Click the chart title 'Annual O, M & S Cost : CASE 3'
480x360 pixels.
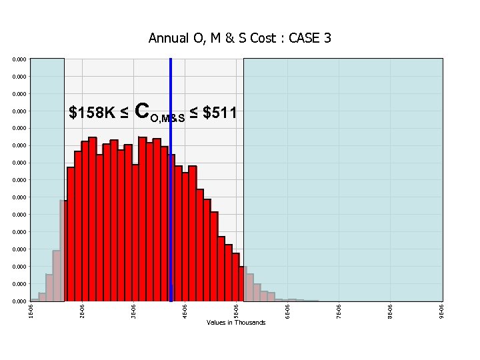click(240, 39)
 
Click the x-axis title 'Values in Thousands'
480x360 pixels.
click(236, 323)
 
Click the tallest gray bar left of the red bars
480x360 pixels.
click(62, 251)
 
